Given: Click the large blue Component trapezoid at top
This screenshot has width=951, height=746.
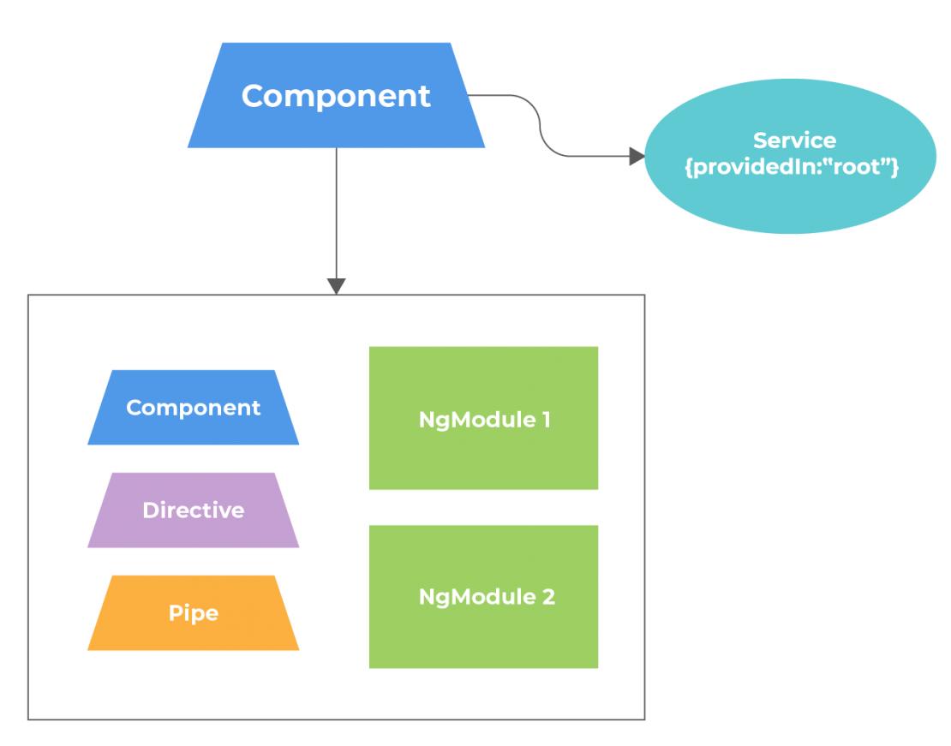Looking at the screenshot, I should click(x=336, y=120).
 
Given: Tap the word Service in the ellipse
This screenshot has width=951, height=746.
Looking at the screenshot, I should click(x=794, y=140).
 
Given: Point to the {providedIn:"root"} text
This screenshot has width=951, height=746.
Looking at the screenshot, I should click(x=792, y=166).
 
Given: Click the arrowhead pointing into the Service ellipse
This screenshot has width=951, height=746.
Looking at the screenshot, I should click(x=636, y=156).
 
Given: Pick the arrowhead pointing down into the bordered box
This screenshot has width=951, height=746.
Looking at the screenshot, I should click(x=336, y=286).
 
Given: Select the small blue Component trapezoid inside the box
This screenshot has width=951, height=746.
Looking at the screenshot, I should click(x=194, y=428).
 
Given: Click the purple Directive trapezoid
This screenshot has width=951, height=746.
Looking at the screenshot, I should click(x=194, y=531).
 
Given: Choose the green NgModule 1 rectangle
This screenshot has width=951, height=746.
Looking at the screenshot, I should click(x=483, y=454).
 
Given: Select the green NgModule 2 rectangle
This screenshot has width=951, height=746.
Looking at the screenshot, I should click(x=483, y=634).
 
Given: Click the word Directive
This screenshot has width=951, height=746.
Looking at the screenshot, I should click(x=194, y=510).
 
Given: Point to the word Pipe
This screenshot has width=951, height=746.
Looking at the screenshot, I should click(x=194, y=613).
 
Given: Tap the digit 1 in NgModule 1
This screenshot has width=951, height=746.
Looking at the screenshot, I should click(x=546, y=420).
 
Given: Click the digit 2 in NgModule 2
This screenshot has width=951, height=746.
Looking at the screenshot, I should click(x=548, y=597).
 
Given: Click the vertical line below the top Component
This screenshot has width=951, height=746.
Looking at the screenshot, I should click(x=336, y=214).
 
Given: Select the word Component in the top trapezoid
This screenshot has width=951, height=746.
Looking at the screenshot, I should click(x=336, y=95).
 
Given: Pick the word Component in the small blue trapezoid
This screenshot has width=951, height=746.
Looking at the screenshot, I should click(x=194, y=408).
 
